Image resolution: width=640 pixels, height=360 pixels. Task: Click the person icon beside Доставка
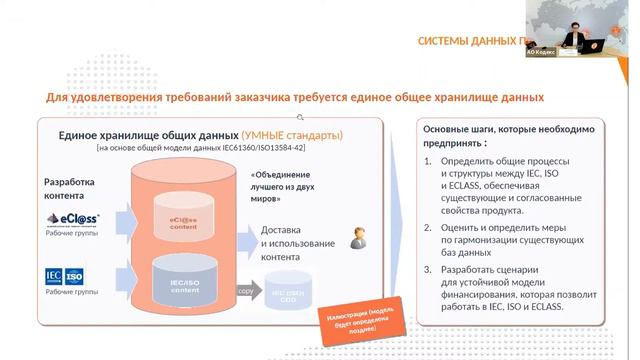[x=355, y=238]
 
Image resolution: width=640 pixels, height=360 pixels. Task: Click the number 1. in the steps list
[x=428, y=161]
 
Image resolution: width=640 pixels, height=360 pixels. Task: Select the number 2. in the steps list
[x=428, y=229]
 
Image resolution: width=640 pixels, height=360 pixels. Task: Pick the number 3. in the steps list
[x=428, y=270]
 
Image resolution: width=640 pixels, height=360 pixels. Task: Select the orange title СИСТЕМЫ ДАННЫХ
[x=470, y=41]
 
